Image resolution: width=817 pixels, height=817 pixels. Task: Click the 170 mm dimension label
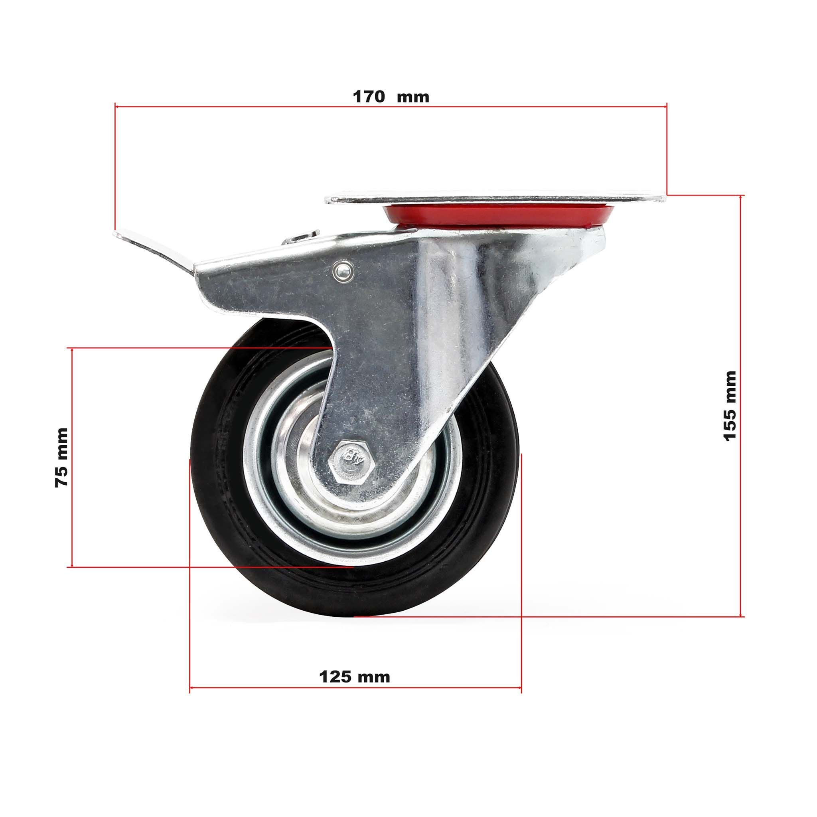391,97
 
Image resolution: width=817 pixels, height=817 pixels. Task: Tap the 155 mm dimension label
730,406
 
